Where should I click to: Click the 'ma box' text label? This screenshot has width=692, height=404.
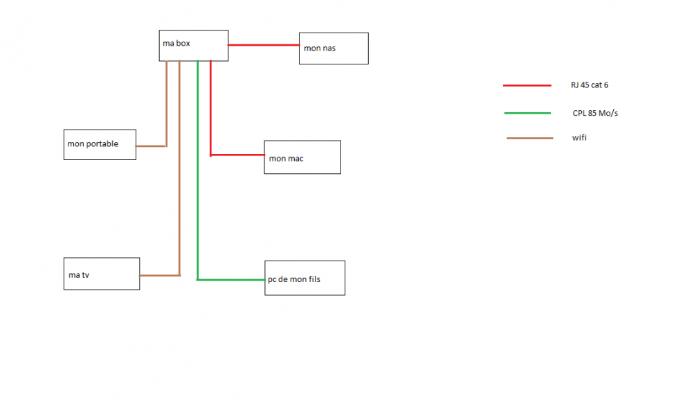176,43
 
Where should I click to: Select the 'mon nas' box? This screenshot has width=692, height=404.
334,49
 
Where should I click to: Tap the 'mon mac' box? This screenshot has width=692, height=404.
302,157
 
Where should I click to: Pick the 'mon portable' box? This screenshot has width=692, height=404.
100,144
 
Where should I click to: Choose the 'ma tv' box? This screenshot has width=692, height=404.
102,274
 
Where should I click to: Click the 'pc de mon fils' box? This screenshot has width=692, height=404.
304,278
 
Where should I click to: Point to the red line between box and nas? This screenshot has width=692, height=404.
263,45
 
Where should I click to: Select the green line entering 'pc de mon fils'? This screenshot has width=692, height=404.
231,280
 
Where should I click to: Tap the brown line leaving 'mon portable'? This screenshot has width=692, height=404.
151,146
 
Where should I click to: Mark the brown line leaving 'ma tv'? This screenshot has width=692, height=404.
159,275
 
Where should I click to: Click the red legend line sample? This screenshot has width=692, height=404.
527,85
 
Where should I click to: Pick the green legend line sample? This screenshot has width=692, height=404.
527,113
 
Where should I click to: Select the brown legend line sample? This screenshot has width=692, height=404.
529,139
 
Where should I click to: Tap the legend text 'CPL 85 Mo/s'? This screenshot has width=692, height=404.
595,113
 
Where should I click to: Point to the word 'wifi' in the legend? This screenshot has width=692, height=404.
579,138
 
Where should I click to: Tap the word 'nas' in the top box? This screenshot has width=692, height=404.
329,49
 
